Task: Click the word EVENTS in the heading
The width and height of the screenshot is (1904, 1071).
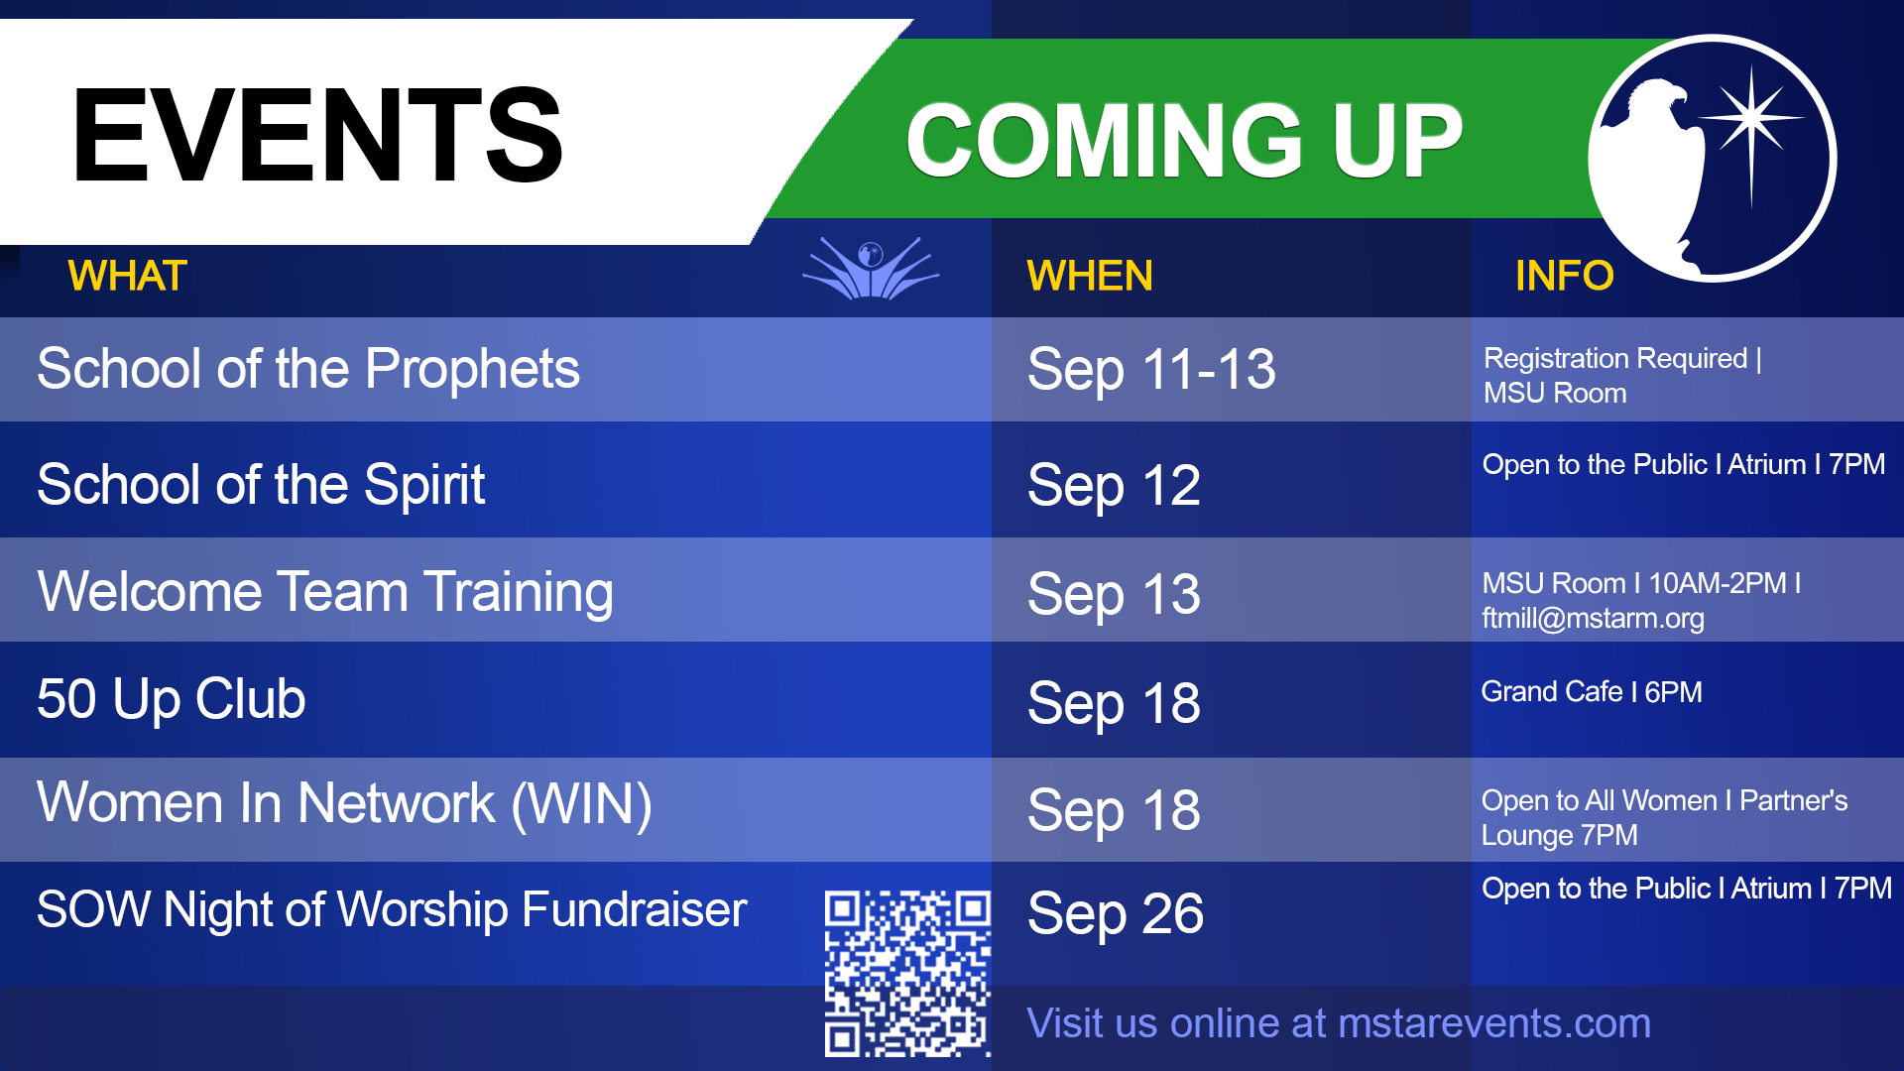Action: click(317, 135)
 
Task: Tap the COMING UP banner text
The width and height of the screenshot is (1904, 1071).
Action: click(1184, 141)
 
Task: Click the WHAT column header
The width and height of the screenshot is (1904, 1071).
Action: click(127, 276)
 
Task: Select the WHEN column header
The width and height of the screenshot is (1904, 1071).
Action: click(1090, 276)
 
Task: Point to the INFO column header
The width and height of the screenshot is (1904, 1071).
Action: click(1564, 276)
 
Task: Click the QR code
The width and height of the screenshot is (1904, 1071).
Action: click(907, 973)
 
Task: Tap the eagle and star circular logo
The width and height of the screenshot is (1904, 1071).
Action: click(1712, 159)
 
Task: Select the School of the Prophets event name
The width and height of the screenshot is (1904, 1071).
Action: click(308, 370)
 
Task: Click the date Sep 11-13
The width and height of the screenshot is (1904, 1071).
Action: click(1151, 370)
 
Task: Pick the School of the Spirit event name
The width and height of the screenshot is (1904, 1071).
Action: click(261, 485)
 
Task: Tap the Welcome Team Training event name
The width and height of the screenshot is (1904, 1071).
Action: click(325, 592)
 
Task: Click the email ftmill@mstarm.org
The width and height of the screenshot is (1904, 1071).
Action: click(1593, 618)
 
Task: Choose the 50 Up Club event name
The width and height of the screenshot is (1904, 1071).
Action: click(172, 699)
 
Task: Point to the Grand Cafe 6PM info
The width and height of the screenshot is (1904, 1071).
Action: click(1592, 691)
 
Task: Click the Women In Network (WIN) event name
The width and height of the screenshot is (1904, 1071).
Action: click(344, 803)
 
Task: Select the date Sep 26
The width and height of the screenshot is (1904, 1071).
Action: click(1116, 913)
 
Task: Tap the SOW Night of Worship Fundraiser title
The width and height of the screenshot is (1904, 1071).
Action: click(392, 910)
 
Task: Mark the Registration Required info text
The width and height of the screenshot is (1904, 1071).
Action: click(1622, 358)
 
